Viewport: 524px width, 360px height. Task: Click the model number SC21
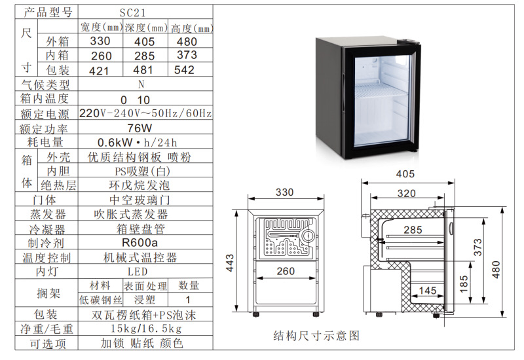pyautogui.click(x=133, y=12)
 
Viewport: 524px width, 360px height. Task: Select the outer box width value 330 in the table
pyautogui.click(x=100, y=41)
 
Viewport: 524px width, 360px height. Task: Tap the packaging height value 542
pyautogui.click(x=184, y=70)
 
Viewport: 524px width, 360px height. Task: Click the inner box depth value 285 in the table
pyautogui.click(x=145, y=56)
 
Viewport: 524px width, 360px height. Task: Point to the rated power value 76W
pyautogui.click(x=140, y=128)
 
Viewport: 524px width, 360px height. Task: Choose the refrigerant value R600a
pyautogui.click(x=140, y=242)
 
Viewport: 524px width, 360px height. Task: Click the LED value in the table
pyautogui.click(x=138, y=272)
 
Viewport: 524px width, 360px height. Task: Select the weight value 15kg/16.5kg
pyautogui.click(x=146, y=329)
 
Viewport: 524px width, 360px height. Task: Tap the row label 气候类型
pyautogui.click(x=45, y=84)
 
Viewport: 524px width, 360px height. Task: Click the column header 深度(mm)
pyautogui.click(x=146, y=28)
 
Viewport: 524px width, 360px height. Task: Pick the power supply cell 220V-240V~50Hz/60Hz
pyautogui.click(x=145, y=113)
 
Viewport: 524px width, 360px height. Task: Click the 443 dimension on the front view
pyautogui.click(x=230, y=263)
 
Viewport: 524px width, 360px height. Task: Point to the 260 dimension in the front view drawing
pyautogui.click(x=286, y=271)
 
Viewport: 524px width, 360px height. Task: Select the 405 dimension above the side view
pyautogui.click(x=405, y=174)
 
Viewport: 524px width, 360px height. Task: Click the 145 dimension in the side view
pyautogui.click(x=428, y=290)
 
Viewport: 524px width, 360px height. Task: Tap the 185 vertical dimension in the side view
pyautogui.click(x=464, y=284)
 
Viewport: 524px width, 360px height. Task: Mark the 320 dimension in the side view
pyautogui.click(x=406, y=193)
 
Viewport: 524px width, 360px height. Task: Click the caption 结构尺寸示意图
pyautogui.click(x=316, y=335)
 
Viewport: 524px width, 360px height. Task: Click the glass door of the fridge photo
pyautogui.click(x=382, y=102)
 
